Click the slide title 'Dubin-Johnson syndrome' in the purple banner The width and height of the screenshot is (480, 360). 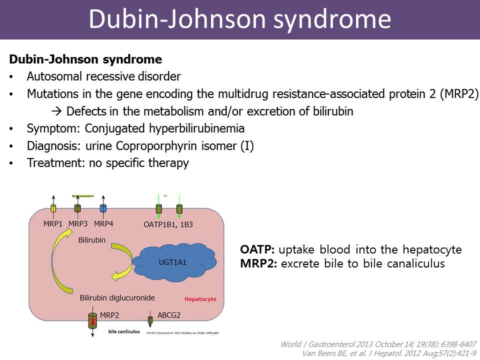(x=239, y=19)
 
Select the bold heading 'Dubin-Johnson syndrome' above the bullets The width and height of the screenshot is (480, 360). (x=85, y=59)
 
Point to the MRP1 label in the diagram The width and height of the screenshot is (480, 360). (x=53, y=224)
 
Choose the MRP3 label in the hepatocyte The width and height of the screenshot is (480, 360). (x=77, y=224)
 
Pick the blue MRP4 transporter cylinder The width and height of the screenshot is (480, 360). (x=103, y=208)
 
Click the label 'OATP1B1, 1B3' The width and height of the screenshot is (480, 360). (x=164, y=224)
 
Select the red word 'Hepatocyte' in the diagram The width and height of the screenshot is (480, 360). (x=200, y=299)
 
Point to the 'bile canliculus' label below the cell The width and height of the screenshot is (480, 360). (x=124, y=331)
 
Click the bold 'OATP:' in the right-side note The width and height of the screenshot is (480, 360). (x=257, y=249)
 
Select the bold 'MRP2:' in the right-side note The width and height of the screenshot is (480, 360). (x=258, y=263)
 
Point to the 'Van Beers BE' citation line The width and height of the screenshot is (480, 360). (x=390, y=353)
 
